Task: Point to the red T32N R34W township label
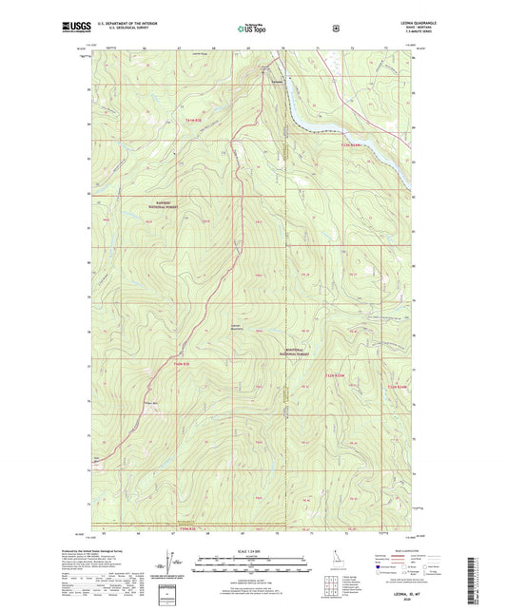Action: tap(350, 145)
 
